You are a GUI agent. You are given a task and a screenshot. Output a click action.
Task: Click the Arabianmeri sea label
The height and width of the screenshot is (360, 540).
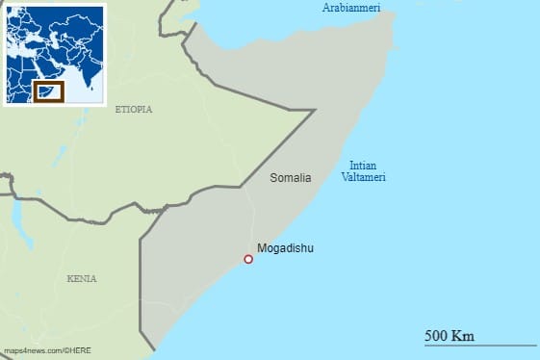coord(351,9)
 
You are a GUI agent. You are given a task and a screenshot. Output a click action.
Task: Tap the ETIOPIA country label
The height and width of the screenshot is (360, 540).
coord(133,110)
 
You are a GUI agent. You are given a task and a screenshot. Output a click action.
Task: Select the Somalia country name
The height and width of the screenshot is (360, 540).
coord(291,178)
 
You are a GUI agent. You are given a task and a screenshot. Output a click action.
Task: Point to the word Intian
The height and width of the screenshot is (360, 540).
coord(363,165)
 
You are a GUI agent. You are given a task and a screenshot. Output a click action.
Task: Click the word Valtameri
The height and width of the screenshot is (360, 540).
coord(363,177)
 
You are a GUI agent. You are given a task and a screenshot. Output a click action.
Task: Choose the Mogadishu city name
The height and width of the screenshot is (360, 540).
coord(286,248)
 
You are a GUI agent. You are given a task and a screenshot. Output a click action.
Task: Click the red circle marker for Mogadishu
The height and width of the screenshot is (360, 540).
coord(248,259)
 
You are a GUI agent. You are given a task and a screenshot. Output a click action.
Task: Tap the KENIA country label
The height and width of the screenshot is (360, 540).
coord(82,278)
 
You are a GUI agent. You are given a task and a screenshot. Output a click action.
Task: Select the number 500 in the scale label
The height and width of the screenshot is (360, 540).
coord(437,335)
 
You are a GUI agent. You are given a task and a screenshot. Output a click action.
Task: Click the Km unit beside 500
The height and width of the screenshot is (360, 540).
coord(463,335)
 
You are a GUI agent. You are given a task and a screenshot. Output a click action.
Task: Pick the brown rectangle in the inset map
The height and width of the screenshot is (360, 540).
coord(48,91)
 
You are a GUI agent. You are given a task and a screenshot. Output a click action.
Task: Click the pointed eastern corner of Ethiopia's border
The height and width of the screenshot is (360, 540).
coord(315,111)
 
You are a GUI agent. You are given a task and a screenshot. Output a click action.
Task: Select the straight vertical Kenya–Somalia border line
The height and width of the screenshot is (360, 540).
coord(141,279)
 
